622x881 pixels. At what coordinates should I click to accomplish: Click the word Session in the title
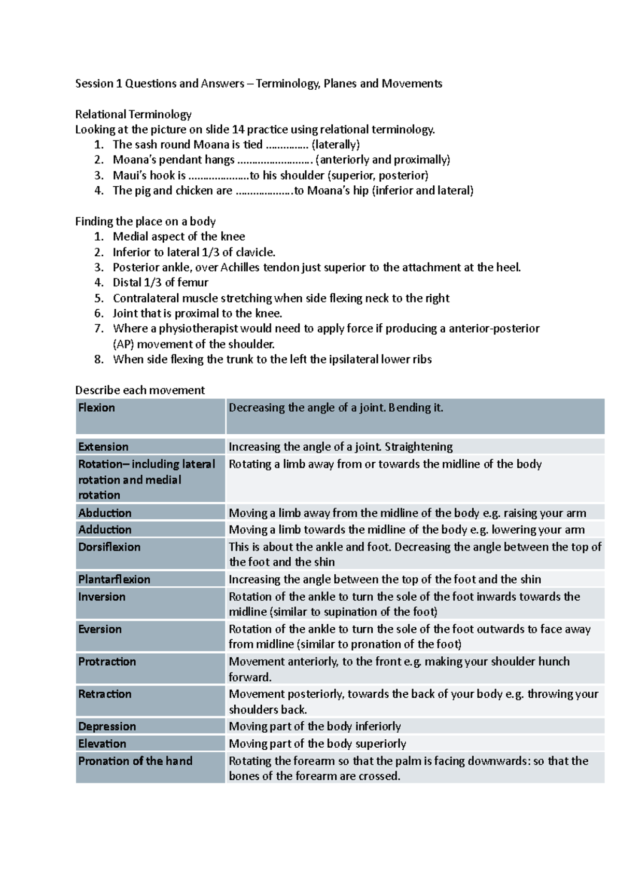pyautogui.click(x=94, y=84)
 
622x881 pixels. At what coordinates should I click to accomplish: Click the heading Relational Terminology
pyautogui.click(x=133, y=114)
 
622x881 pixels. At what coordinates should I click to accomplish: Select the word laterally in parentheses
pyautogui.click(x=335, y=144)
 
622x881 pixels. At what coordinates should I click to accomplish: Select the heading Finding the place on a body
pyautogui.click(x=145, y=222)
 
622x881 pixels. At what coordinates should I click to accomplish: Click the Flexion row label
pyautogui.click(x=96, y=408)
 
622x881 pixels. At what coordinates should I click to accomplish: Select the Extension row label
pyautogui.click(x=103, y=447)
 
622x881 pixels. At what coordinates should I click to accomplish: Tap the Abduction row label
pyautogui.click(x=105, y=513)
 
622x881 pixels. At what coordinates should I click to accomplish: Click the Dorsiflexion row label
pyautogui.click(x=109, y=547)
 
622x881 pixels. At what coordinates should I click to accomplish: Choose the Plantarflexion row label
pyautogui.click(x=114, y=579)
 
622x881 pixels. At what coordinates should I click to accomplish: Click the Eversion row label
pyautogui.click(x=100, y=629)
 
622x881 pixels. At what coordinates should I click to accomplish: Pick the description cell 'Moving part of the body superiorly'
pyautogui.click(x=317, y=744)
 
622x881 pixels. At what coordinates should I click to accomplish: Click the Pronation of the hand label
pyautogui.click(x=135, y=761)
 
